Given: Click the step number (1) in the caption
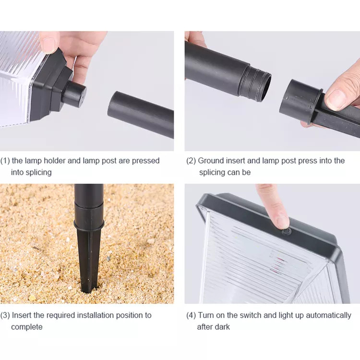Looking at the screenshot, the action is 5,161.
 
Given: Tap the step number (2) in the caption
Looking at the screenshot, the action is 191,161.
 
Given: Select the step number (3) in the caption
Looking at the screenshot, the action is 5,315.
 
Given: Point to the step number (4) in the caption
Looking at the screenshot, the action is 191,315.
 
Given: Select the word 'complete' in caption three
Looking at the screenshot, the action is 27,327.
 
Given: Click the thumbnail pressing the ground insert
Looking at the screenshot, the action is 336,99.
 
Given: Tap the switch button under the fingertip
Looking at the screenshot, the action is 286,231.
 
